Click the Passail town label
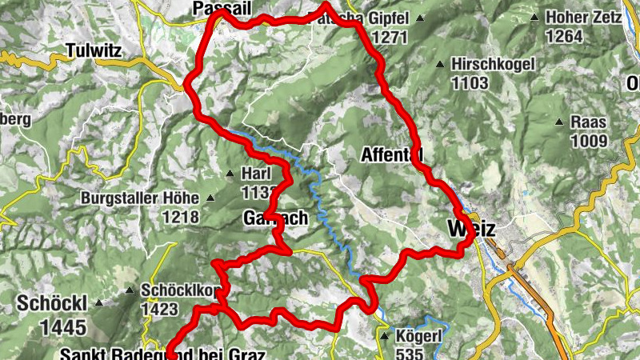(x=220, y=7)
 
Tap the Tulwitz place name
(x=94, y=50)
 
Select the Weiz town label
(x=471, y=229)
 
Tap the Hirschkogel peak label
(x=486, y=63)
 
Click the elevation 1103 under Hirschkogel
(x=470, y=82)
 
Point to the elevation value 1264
(x=565, y=36)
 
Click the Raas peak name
(x=590, y=122)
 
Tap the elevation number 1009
(x=590, y=142)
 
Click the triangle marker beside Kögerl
(x=385, y=337)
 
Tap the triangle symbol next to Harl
(x=230, y=174)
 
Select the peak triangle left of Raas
(x=559, y=122)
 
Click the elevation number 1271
(x=390, y=36)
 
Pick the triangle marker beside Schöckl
(x=99, y=303)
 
